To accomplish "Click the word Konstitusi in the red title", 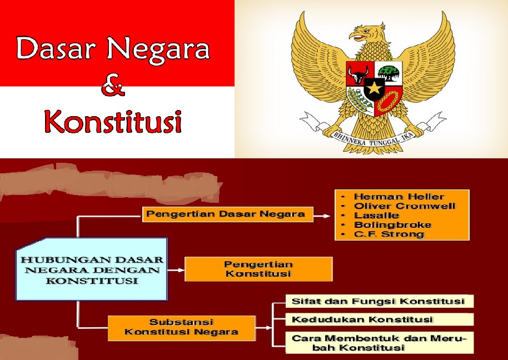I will tap(113, 121).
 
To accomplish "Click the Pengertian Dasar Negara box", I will tap(227, 214).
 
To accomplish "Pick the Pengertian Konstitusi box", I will tap(258, 269).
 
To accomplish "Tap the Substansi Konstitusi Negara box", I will tap(181, 327).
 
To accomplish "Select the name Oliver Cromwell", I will tap(404, 206).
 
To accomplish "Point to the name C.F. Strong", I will tap(389, 234).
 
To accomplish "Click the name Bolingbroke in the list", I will tap(392, 224).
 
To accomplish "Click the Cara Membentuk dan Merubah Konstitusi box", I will tap(379, 343).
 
